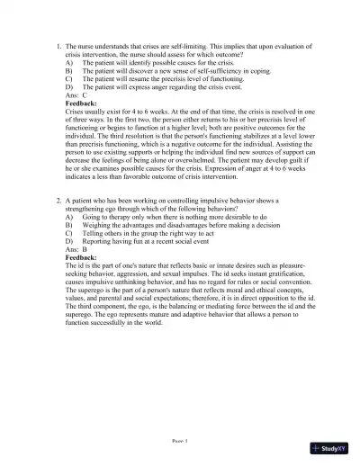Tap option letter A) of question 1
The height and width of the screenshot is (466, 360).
[70, 63]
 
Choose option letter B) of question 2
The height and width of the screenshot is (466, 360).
[70, 226]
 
